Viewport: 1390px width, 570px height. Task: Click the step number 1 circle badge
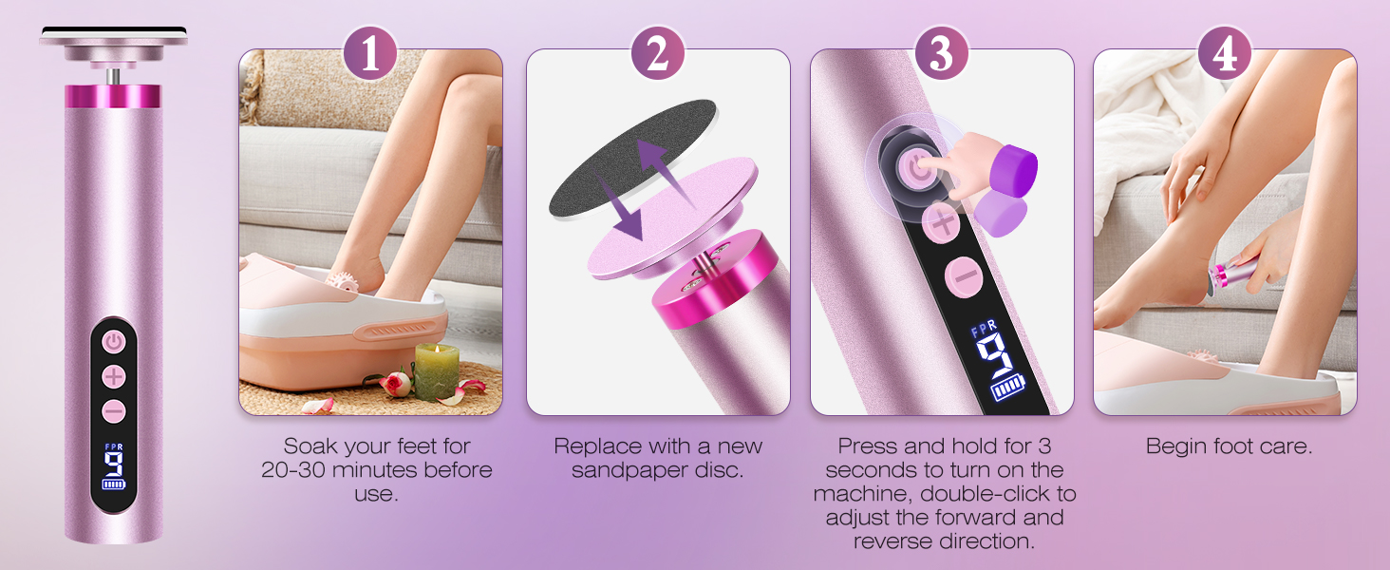[x=369, y=53]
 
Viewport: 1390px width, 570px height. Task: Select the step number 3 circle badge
[x=941, y=53]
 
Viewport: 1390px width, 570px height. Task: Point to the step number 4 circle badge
[x=1225, y=53]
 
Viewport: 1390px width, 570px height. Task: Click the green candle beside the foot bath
[x=436, y=371]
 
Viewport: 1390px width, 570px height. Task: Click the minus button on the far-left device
[x=114, y=411]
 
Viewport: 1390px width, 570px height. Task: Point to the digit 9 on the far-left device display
[x=114, y=465]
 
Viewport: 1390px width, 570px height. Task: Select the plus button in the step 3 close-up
[x=942, y=224]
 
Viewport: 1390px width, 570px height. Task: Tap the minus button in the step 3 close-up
[x=963, y=275]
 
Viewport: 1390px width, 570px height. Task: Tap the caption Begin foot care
[x=1229, y=446]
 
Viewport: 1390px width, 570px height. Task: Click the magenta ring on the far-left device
[x=114, y=96]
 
